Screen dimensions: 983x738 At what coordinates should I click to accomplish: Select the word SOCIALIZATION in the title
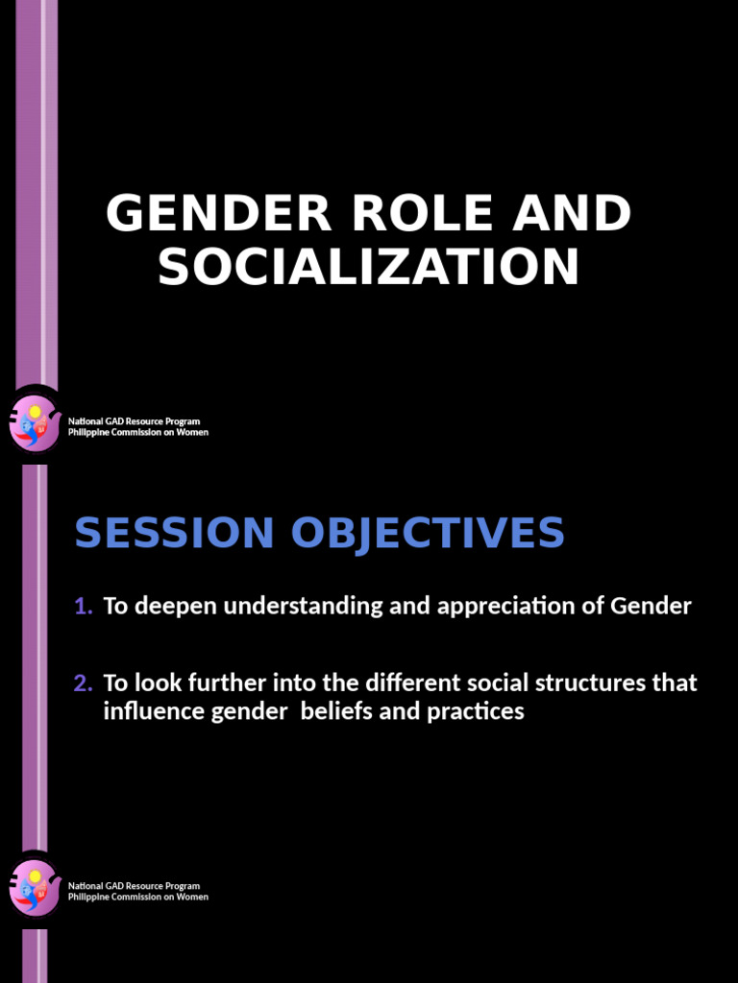369,267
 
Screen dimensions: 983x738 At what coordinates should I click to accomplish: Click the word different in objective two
413,683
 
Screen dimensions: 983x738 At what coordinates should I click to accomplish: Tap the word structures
587,683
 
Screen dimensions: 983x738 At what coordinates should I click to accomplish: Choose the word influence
147,712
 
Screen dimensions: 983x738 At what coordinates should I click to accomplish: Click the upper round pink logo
34,423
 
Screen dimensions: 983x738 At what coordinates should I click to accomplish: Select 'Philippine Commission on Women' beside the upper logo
137,432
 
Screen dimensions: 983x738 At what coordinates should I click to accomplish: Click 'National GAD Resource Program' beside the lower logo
134,886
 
